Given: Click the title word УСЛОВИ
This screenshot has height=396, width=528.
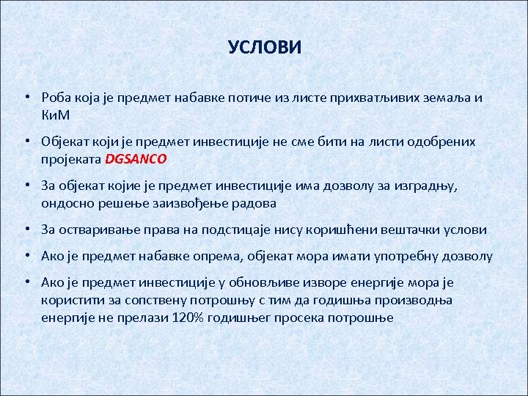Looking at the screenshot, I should (264, 48).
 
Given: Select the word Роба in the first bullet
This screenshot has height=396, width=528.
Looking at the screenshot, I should (57, 98).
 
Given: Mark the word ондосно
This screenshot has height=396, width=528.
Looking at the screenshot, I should (67, 202).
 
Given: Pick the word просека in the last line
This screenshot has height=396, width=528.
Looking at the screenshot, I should (302, 318).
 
